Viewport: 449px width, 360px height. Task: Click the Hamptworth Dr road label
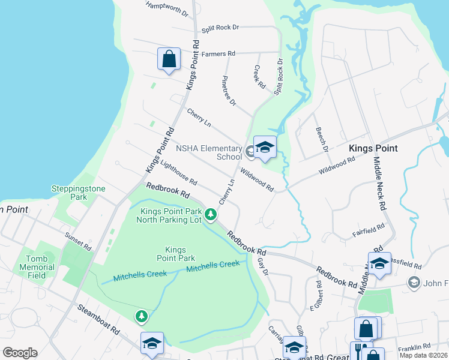click(x=166, y=9)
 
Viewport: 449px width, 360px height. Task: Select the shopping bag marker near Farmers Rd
click(x=169, y=59)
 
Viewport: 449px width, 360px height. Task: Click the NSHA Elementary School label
click(x=208, y=152)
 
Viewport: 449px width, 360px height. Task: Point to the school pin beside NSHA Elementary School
click(x=264, y=148)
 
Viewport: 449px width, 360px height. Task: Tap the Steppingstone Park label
click(x=78, y=193)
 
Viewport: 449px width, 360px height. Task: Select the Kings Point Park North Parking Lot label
click(x=171, y=215)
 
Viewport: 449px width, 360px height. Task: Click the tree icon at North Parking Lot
click(x=210, y=214)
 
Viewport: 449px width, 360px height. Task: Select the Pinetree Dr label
click(x=229, y=91)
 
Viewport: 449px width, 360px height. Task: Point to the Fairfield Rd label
click(x=369, y=229)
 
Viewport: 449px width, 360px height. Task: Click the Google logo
click(x=20, y=353)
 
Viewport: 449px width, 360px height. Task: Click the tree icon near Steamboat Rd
click(x=141, y=316)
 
